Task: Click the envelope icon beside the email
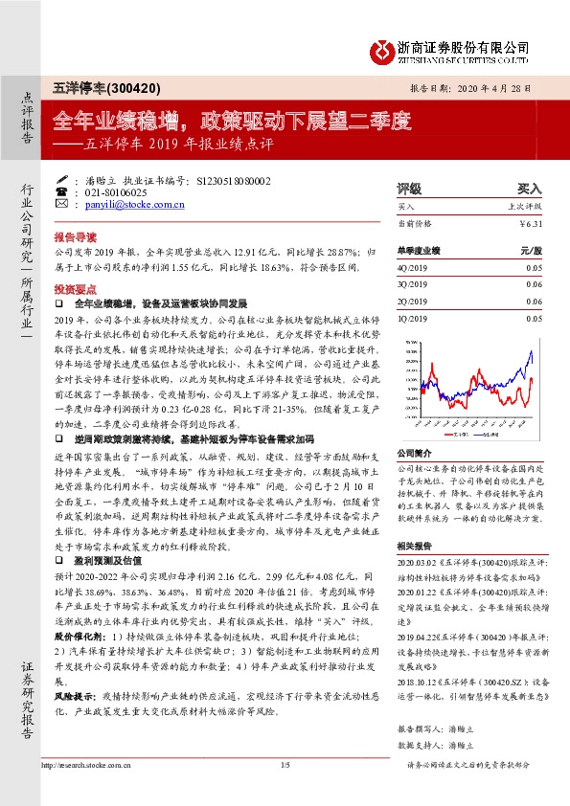(x=63, y=204)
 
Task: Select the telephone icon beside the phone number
(x=63, y=191)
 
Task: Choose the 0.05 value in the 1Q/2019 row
(x=533, y=317)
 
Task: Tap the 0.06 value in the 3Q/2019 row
(x=533, y=285)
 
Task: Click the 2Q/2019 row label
(x=412, y=301)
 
